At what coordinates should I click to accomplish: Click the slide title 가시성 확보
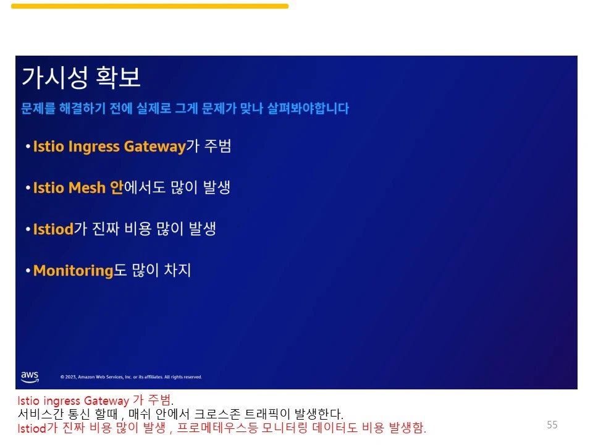point(81,77)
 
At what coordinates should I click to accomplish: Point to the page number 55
point(552,425)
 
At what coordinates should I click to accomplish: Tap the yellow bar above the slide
point(149,6)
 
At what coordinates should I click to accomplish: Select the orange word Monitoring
point(73,271)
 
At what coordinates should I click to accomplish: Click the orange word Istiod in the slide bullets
point(53,229)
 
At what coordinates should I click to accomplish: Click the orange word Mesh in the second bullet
point(88,188)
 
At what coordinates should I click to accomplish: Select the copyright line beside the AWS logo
point(131,377)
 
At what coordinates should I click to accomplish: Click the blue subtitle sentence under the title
point(185,109)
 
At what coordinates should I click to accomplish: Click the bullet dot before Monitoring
point(28,271)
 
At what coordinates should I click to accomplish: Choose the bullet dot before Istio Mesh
point(28,188)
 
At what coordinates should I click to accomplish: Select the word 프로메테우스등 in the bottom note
point(212,427)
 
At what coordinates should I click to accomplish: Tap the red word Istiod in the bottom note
point(31,427)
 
